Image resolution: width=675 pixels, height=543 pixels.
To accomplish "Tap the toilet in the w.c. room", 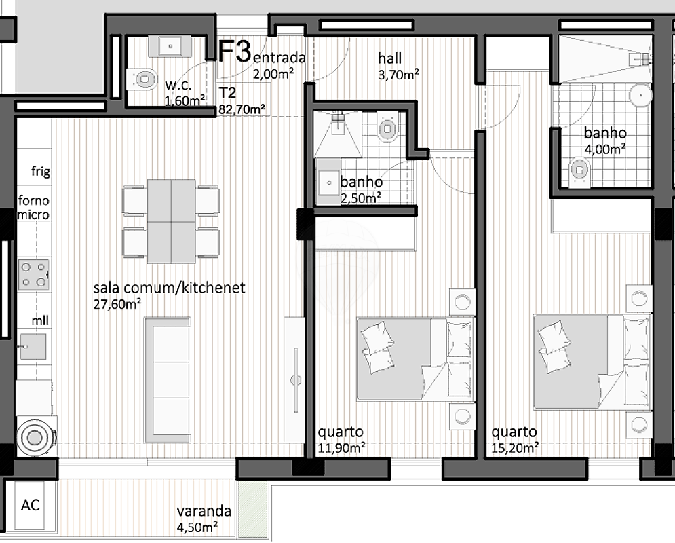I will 142,79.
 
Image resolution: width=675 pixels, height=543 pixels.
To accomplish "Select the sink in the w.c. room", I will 170,46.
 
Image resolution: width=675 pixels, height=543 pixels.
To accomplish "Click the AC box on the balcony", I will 30,505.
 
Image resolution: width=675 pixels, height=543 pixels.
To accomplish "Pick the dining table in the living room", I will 171,221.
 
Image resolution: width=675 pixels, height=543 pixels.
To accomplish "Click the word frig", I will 41,172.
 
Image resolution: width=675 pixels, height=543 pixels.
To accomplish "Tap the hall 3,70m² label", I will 398,67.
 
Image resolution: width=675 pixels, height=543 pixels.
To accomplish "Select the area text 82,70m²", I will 241,108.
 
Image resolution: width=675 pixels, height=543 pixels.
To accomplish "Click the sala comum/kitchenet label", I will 170,288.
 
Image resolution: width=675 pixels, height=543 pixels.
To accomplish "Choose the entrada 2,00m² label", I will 279,66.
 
